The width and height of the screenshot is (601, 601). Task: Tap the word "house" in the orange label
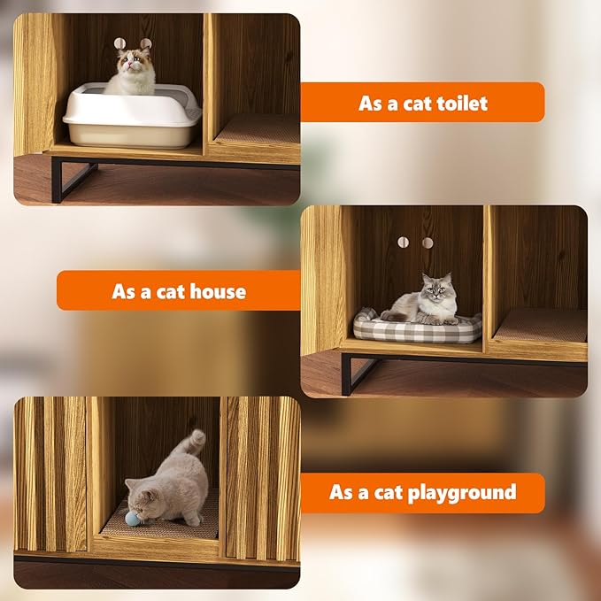(x=215, y=291)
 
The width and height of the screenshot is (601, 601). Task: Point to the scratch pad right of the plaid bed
(x=539, y=325)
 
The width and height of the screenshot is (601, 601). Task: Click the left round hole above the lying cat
(x=405, y=242)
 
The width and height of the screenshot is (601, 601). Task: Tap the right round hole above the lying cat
(x=428, y=242)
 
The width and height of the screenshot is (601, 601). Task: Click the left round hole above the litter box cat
(x=119, y=42)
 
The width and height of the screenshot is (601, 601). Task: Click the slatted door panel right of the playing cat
(x=263, y=478)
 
